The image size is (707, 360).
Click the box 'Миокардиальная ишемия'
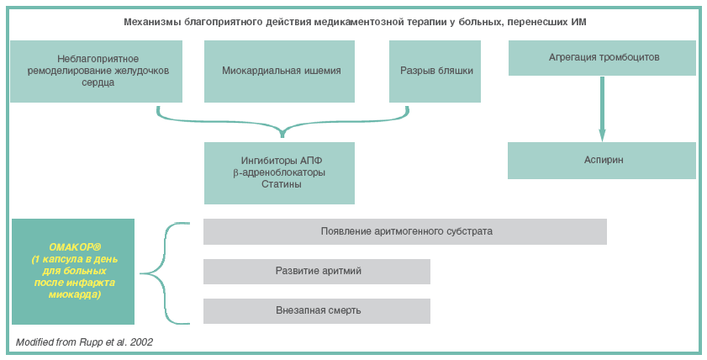click(x=281, y=71)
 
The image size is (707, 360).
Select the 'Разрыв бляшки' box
click(x=435, y=71)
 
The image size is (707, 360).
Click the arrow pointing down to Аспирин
click(x=601, y=109)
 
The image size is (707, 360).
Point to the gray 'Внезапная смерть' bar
click(x=317, y=310)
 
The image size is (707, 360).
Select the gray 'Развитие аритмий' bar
click(x=317, y=271)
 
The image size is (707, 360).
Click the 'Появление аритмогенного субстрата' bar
click(x=405, y=231)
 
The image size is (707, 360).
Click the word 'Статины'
click(x=279, y=184)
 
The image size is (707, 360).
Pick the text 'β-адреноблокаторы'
click(x=279, y=172)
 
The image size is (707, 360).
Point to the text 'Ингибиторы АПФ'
click(x=279, y=160)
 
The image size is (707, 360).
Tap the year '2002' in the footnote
click(x=141, y=342)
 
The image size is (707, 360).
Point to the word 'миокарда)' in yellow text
click(x=73, y=295)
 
